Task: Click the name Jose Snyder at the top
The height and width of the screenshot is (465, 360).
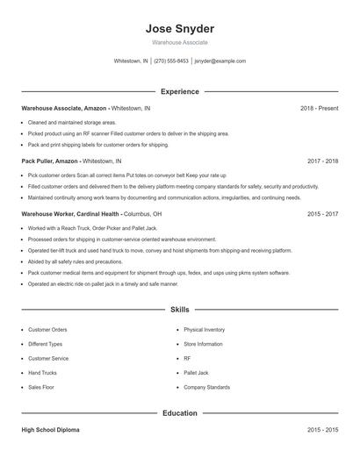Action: click(x=179, y=28)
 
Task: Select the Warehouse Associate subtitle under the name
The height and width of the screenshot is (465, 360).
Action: click(x=179, y=42)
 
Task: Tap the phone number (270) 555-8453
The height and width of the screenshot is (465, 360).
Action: click(x=172, y=61)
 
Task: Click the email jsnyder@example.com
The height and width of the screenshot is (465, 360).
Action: click(x=220, y=61)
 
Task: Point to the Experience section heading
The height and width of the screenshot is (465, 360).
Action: click(x=179, y=91)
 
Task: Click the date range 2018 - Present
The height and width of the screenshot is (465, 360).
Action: click(x=319, y=108)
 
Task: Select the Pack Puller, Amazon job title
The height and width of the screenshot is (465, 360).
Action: click(x=50, y=161)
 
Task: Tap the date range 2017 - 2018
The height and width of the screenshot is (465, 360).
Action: click(x=322, y=161)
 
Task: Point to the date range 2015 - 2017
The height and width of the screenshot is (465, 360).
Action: click(x=322, y=213)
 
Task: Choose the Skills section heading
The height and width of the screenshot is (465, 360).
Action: click(x=179, y=310)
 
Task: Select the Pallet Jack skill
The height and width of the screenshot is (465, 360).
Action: click(x=197, y=372)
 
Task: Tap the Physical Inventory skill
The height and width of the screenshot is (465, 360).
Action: click(x=205, y=330)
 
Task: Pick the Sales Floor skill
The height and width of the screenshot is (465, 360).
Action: click(x=41, y=387)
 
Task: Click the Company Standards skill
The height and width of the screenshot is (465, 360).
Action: click(x=206, y=387)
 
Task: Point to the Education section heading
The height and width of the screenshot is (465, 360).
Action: click(x=179, y=412)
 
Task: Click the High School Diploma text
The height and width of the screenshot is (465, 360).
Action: click(x=51, y=430)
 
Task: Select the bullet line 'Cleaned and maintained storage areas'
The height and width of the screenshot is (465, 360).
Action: click(x=72, y=123)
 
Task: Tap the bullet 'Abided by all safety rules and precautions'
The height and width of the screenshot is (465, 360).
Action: click(x=76, y=261)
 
